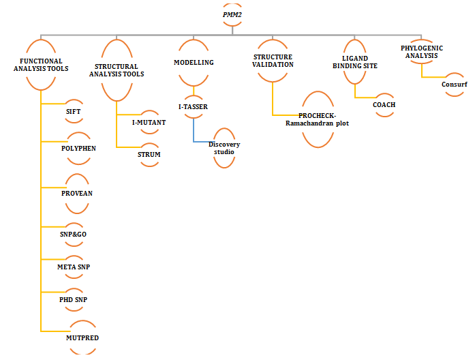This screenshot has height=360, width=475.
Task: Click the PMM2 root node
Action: (x=232, y=14)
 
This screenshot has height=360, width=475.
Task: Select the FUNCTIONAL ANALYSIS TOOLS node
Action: (x=41, y=65)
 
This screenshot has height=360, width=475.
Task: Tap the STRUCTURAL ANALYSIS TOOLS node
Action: (x=119, y=70)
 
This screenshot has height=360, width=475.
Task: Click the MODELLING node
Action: (x=194, y=63)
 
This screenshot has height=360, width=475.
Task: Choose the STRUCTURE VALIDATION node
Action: (x=273, y=61)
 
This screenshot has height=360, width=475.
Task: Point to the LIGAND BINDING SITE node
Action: (x=354, y=62)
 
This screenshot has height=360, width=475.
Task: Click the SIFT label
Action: (x=74, y=110)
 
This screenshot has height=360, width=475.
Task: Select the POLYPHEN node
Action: (x=78, y=148)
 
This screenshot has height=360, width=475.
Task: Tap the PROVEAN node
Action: (x=76, y=193)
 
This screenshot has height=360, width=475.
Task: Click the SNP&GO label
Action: (x=73, y=234)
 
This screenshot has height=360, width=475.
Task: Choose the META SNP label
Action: (x=74, y=267)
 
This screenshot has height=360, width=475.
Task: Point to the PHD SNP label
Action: (x=73, y=299)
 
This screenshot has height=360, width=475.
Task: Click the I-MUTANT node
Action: (x=149, y=122)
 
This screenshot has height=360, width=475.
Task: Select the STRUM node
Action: (x=149, y=154)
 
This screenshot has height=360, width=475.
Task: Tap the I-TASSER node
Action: (x=193, y=106)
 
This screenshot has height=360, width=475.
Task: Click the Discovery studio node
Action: (x=224, y=148)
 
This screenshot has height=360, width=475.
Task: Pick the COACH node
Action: (x=384, y=104)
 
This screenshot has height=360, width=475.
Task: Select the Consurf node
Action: (x=454, y=85)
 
